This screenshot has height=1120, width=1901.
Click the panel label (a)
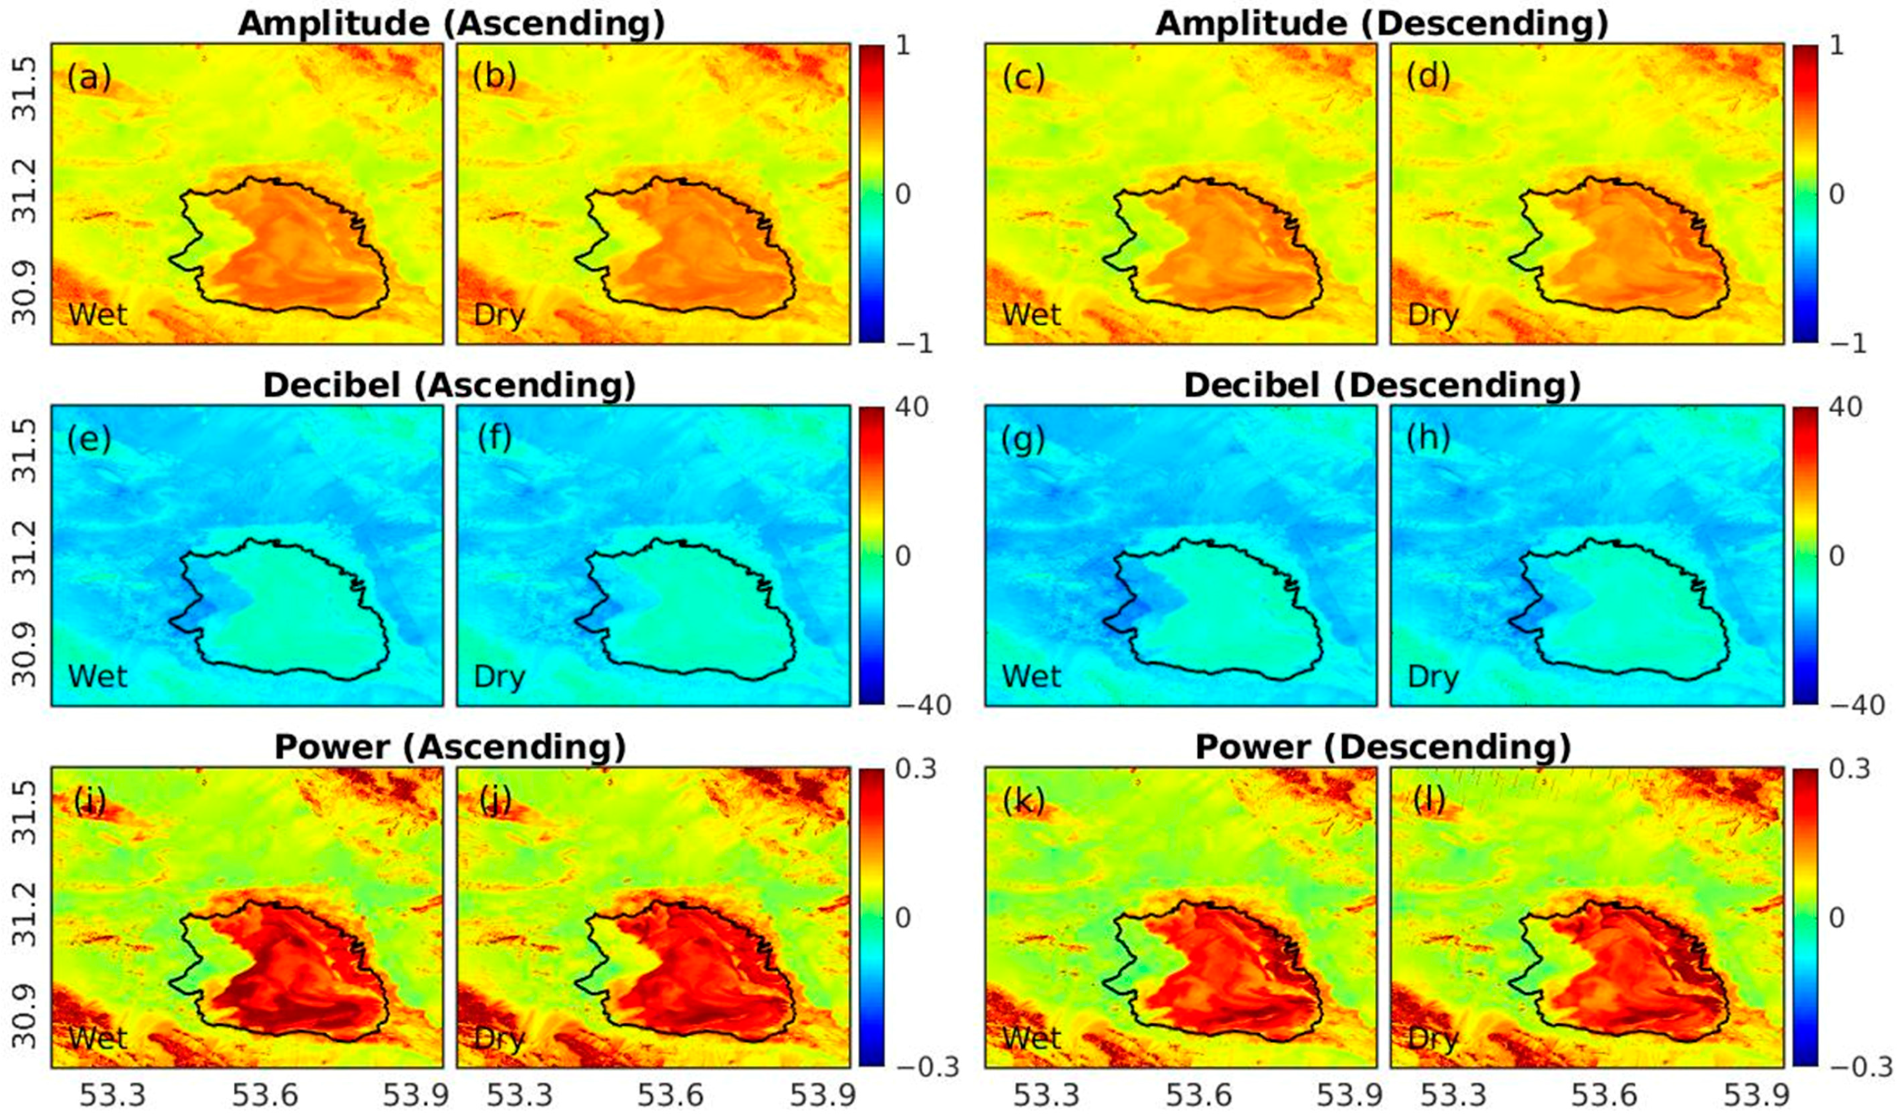coord(89,77)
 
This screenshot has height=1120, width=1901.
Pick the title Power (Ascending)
coord(450,747)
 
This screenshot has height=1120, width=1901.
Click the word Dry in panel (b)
coord(499,314)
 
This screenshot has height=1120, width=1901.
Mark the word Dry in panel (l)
coord(1433,1039)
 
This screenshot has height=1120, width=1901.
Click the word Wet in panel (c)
coord(1031,314)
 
